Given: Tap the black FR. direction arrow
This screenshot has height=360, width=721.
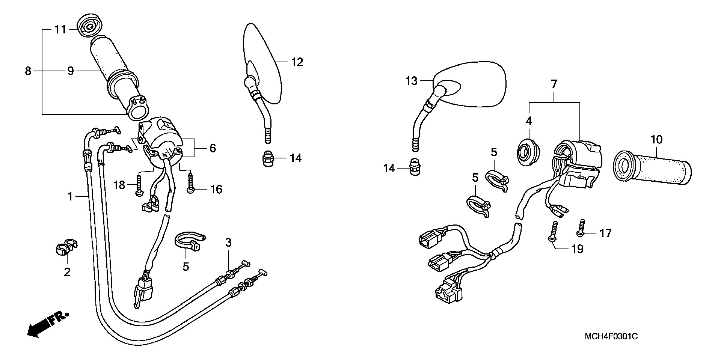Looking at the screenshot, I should click(x=47, y=324).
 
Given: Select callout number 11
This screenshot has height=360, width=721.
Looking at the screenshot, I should click(x=60, y=29).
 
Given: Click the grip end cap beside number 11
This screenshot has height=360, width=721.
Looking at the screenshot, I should click(x=89, y=26).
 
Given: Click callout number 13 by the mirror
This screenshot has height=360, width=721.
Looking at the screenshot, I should click(x=412, y=81).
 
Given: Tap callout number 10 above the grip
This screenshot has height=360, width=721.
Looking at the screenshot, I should click(x=657, y=140).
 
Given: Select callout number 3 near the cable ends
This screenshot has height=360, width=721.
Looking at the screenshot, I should click(x=228, y=243).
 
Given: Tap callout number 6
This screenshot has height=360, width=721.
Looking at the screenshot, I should click(x=213, y=148).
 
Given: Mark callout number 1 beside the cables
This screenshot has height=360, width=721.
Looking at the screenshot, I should click(x=70, y=196).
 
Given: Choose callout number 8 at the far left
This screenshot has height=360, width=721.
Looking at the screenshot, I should click(x=28, y=71).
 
